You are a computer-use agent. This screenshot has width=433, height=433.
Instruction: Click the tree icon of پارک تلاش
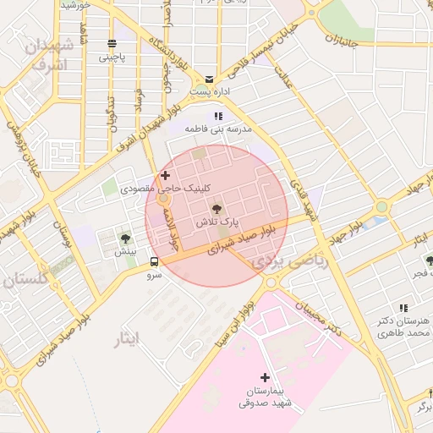[216, 208]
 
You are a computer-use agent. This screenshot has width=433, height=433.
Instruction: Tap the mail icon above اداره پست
[209, 79]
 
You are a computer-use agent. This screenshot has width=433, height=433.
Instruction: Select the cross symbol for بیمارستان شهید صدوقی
[265, 377]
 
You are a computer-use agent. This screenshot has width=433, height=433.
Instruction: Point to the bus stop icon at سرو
[153, 261]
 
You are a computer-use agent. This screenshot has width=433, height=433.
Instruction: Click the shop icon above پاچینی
[112, 44]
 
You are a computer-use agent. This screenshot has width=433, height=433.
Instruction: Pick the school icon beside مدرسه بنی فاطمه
[218, 116]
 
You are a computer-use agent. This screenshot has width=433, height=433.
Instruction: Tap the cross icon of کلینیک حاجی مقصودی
[164, 175]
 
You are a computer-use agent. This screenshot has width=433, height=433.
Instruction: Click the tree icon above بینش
[125, 238]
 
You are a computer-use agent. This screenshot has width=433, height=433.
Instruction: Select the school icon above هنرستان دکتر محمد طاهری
[403, 308]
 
